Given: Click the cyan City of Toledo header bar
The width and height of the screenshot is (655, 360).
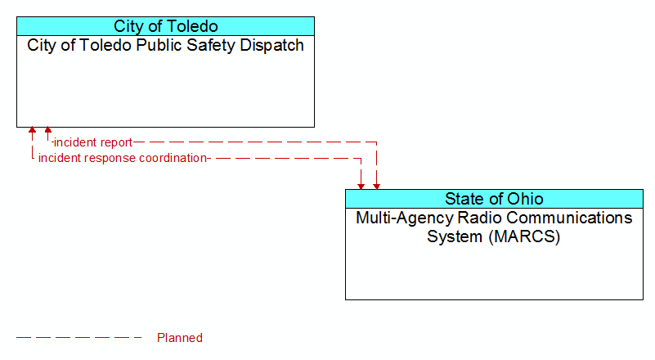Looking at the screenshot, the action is [x=165, y=26].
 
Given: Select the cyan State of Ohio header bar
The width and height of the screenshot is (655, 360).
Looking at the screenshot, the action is [x=494, y=199].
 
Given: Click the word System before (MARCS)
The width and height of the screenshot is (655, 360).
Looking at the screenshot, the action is [x=455, y=237].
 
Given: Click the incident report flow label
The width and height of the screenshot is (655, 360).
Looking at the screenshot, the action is [x=93, y=142].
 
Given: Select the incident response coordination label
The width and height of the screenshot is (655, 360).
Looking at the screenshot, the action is [x=123, y=158].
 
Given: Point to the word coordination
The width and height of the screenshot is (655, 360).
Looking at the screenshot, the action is [x=173, y=158].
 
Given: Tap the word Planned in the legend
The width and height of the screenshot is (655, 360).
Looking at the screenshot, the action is [x=180, y=338].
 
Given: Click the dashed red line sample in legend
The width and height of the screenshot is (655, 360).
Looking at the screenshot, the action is [x=79, y=337].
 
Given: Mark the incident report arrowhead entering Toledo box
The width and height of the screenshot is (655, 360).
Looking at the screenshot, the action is [x=48, y=130].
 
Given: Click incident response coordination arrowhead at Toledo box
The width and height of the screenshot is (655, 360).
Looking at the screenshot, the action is [x=32, y=130].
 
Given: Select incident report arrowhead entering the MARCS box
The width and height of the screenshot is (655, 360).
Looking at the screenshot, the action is [x=376, y=187].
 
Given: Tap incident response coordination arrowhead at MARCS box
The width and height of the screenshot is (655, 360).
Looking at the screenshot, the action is [x=361, y=187].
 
